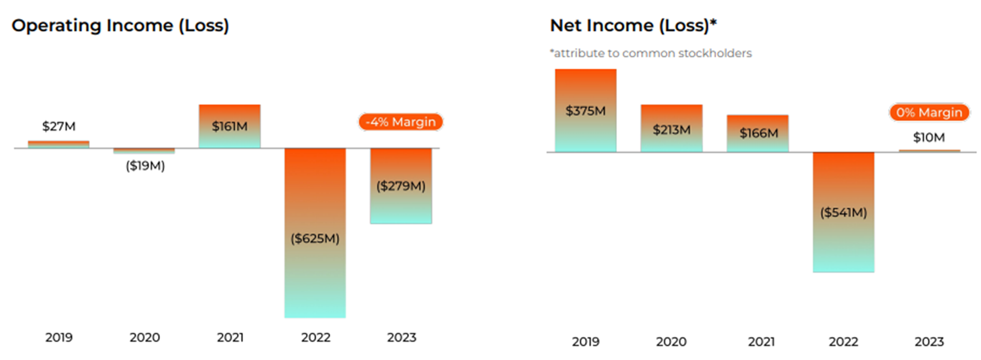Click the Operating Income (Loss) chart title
120,26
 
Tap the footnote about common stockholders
650,53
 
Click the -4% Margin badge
401,122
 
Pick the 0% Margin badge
929,113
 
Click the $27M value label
59,126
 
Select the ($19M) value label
145,166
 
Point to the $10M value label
929,138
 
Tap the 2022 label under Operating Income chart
316,337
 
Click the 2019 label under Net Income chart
586,341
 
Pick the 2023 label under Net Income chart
929,341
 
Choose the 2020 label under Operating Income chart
145,337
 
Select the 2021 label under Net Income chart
761,341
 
